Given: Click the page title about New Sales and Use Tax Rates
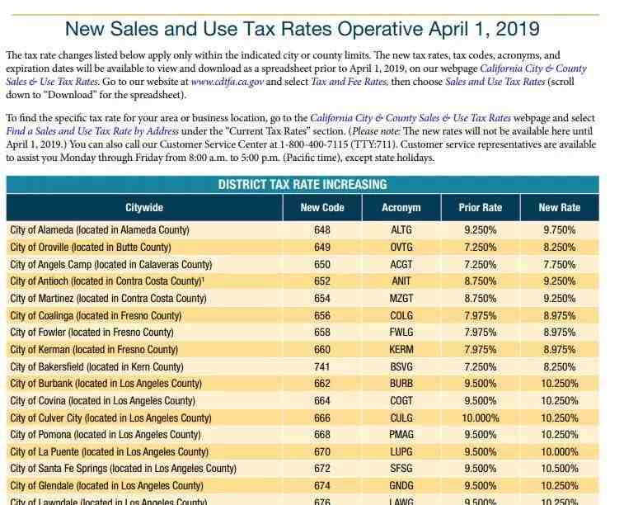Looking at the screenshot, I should click(x=302, y=29).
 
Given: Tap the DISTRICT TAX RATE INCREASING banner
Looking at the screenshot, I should click(x=302, y=184).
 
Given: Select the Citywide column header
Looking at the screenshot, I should click(x=143, y=207).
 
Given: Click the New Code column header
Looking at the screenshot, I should click(x=321, y=207).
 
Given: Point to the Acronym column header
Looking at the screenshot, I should click(x=401, y=207).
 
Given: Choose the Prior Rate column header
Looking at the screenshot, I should click(x=480, y=207).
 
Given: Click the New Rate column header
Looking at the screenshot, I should click(x=559, y=207).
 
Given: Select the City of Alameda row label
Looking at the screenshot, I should click(x=100, y=230).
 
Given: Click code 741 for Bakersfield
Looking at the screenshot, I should click(x=321, y=366).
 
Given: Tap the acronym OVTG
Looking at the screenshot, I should click(x=401, y=248).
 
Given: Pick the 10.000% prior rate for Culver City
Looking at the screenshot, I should click(x=480, y=418).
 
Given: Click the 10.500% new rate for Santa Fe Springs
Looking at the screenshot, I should click(x=559, y=469).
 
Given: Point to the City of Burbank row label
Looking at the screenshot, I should click(x=106, y=384).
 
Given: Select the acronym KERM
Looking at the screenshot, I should click(x=401, y=350).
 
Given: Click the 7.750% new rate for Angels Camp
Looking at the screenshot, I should click(x=559, y=265).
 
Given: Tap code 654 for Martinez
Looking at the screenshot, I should click(x=321, y=299).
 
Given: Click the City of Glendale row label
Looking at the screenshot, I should click(x=106, y=486).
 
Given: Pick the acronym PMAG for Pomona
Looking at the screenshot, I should click(x=401, y=435).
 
